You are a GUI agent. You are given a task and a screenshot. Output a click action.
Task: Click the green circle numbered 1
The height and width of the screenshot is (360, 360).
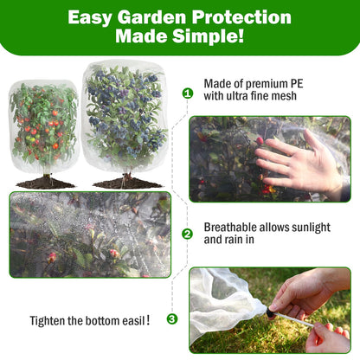click(x=187, y=93)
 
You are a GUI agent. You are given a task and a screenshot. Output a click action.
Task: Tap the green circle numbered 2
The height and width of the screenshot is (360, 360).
click(x=187, y=234)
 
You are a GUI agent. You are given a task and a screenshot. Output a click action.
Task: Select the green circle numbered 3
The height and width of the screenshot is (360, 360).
click(x=172, y=318)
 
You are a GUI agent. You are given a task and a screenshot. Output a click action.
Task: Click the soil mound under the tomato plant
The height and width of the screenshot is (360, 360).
click(x=44, y=183)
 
